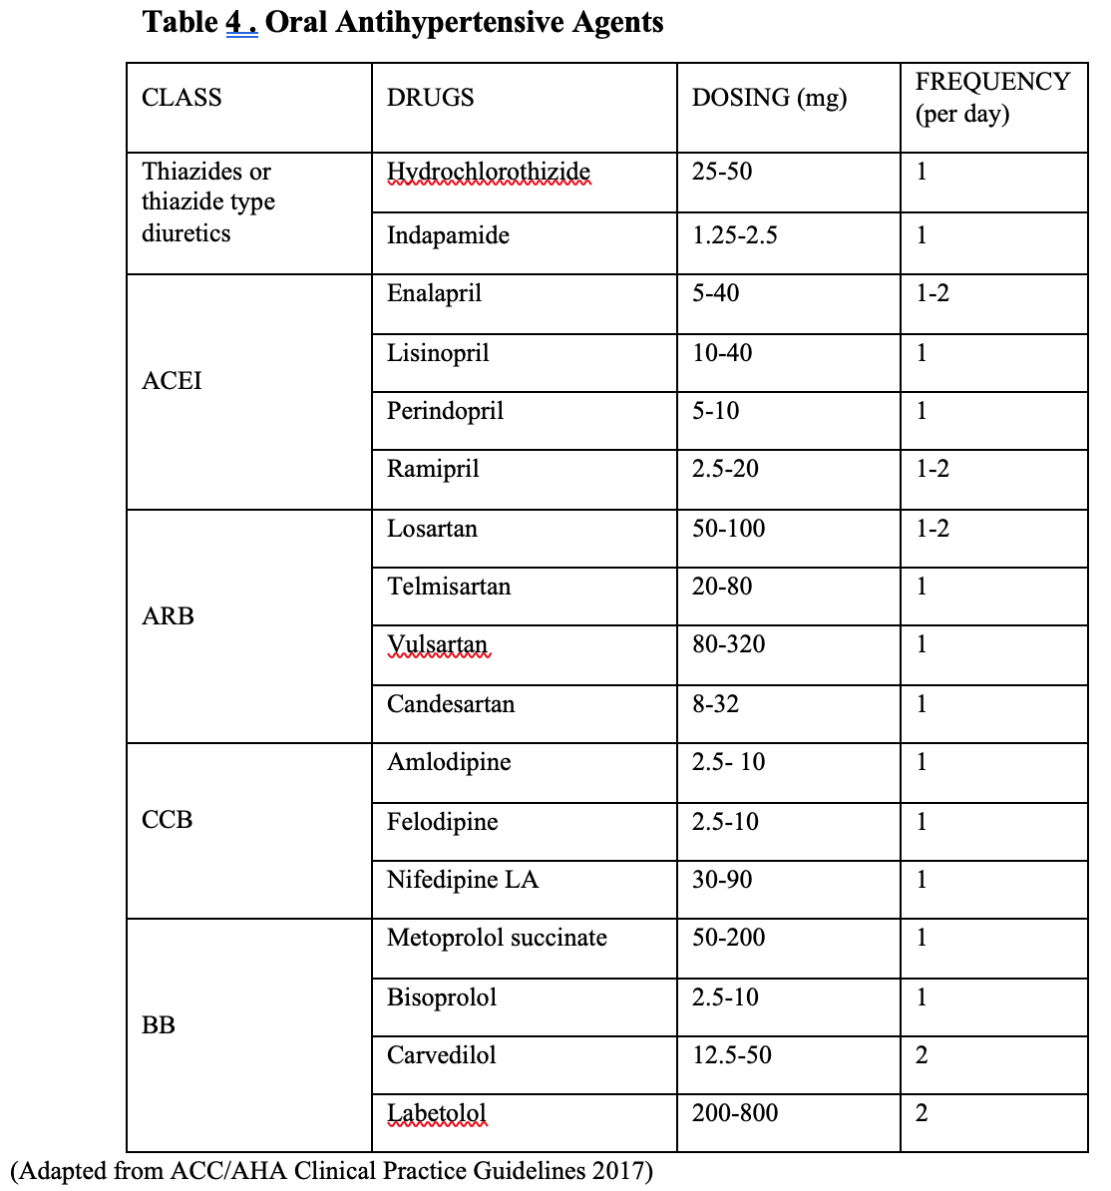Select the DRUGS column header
[430, 98]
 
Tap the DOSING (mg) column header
[769, 98]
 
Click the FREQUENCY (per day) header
[991, 98]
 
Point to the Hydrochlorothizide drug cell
[488, 173]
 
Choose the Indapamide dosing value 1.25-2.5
[734, 235]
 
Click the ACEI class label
[172, 381]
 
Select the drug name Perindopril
[445, 411]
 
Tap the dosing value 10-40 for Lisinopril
[722, 353]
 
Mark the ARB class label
[168, 616]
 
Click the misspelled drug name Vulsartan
[437, 645]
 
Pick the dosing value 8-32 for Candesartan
[715, 704]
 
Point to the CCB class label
[167, 820]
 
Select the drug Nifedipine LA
[462, 880]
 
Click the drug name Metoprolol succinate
[497, 938]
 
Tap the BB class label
[159, 1025]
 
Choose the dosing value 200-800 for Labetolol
[734, 1113]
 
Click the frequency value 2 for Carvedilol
[922, 1055]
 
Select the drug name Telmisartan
[449, 587]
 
